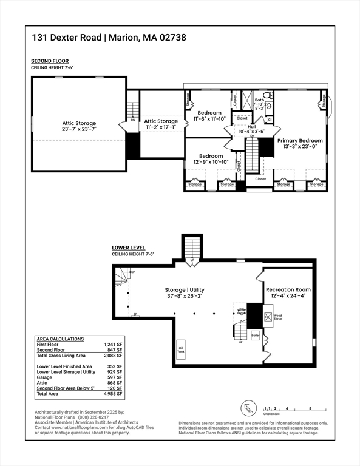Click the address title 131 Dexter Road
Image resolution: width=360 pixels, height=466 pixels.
[x=67, y=38]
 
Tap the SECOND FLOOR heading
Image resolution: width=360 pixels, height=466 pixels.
[x=50, y=61]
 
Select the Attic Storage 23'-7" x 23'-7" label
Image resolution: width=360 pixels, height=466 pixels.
[x=79, y=126]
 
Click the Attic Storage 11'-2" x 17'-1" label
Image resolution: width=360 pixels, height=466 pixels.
[x=161, y=124]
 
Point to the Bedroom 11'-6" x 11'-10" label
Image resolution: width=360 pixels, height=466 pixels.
[x=209, y=116]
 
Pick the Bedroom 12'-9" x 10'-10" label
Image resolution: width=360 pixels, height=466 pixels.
[x=211, y=158]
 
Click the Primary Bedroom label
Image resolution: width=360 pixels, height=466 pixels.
[x=300, y=143]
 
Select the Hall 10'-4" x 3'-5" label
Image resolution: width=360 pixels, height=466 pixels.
[x=251, y=129]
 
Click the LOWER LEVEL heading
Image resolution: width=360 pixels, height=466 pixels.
[x=128, y=248]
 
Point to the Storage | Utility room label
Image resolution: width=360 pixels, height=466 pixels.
[x=185, y=293]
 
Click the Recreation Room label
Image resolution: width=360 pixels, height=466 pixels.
[x=288, y=293]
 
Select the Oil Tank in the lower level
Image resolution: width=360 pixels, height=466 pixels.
[x=180, y=349]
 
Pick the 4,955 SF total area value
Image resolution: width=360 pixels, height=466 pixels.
[x=113, y=394]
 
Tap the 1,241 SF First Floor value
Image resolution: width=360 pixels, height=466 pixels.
[x=113, y=345]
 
